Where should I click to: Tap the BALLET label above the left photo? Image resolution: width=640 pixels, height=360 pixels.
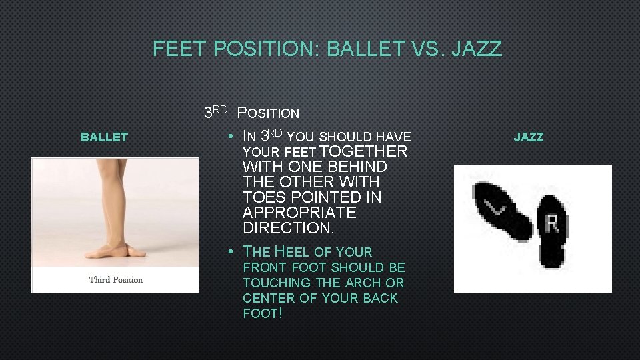click(x=104, y=137)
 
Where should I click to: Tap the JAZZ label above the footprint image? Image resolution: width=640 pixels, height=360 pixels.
click(x=529, y=137)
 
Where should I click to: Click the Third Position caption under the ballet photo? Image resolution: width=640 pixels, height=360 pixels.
click(x=115, y=279)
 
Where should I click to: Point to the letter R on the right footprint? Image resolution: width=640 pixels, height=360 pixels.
click(x=552, y=223)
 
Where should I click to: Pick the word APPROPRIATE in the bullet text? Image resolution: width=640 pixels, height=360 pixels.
click(x=299, y=213)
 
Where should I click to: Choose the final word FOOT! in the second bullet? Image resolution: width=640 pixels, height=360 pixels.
click(x=263, y=313)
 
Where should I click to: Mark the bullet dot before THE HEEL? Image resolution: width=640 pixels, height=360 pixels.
click(x=229, y=252)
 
